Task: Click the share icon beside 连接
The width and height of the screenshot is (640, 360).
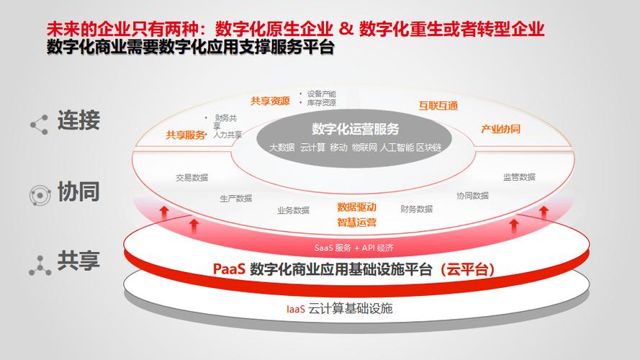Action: coord(39,125)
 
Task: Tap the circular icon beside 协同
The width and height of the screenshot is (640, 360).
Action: coord(40,195)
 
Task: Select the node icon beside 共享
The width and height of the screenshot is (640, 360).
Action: coord(40,265)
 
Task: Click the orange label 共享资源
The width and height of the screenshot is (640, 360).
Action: coord(270,101)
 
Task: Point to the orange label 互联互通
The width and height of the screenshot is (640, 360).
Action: coord(438,106)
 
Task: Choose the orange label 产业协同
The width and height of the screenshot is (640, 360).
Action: coord(500,129)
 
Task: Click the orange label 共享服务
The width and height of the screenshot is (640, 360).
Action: coord(185,135)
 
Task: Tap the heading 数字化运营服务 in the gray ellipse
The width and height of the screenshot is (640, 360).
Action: coord(355,129)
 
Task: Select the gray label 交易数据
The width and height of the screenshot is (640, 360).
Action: coord(191,178)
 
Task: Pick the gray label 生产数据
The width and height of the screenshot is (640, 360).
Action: coord(236,199)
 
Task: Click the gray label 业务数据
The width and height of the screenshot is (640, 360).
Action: coord(293,210)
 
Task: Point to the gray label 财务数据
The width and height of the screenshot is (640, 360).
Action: coord(416,209)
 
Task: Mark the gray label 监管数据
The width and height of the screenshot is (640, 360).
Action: coord(519,176)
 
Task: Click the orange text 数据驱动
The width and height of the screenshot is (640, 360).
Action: coord(357,207)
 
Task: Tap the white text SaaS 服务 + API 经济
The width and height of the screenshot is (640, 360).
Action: coord(354,248)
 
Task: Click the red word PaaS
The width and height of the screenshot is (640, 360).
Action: coord(229,269)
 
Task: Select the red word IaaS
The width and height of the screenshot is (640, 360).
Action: coord(295,309)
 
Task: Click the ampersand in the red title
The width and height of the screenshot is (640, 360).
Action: coord(346,29)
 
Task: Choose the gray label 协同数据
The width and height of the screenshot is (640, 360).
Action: coord(473,196)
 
